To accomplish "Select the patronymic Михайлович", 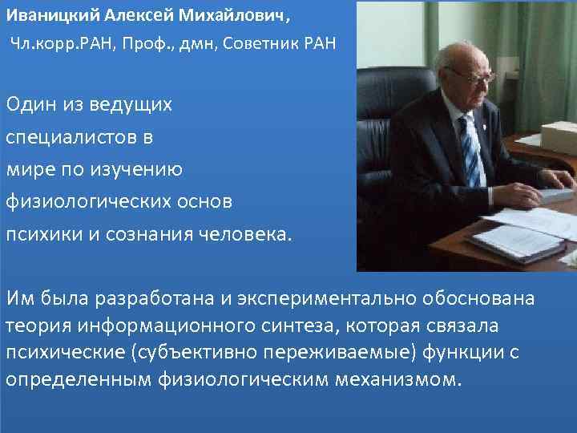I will tap(212, 16).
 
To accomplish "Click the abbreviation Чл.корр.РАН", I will tap(61, 42).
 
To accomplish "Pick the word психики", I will tap(40, 234).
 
